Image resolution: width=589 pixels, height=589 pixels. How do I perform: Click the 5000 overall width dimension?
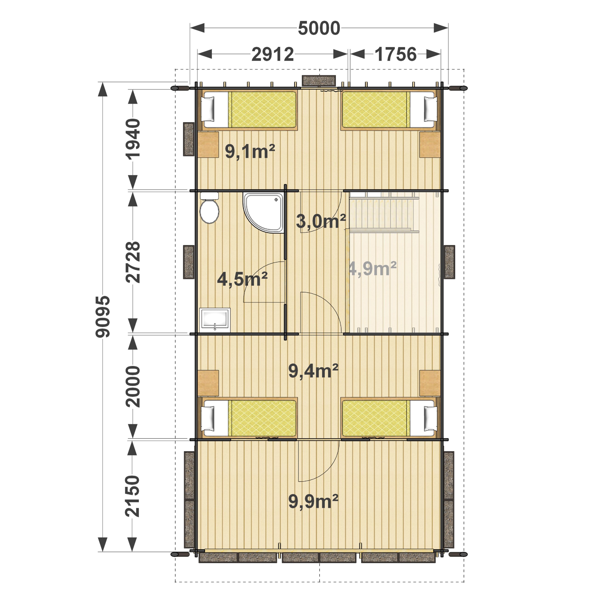tap(319, 28)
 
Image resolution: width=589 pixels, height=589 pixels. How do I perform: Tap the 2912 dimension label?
tap(273, 54)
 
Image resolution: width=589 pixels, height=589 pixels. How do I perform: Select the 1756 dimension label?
tap(396, 54)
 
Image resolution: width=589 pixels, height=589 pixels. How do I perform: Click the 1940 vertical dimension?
tap(133, 139)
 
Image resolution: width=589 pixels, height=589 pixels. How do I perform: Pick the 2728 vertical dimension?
tap(133, 262)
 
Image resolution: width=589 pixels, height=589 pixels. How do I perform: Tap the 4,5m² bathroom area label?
tap(242, 279)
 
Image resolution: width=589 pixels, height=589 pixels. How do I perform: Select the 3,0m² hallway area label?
tap(321, 221)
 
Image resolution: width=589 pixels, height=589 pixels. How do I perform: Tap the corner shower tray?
tap(263, 213)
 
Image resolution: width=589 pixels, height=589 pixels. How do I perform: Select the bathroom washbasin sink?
tap(215, 320)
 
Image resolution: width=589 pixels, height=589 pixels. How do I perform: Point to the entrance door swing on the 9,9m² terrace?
tap(319, 461)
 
